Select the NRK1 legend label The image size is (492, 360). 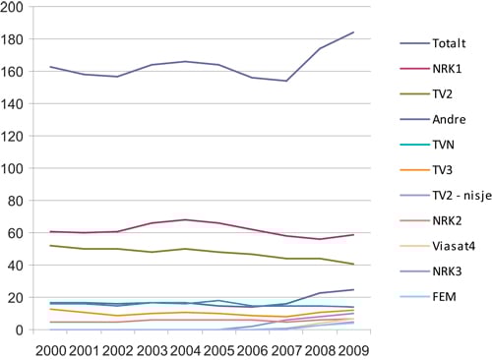coord(444,69)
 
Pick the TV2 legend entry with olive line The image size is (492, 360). coord(440,93)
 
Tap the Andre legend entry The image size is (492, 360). coord(446,119)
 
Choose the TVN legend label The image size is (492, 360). coord(442,145)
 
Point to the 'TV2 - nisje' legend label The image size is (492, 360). coord(457,195)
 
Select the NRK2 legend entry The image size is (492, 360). coord(444,220)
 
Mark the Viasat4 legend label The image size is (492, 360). coord(451,245)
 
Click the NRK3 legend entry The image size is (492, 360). coord(444,270)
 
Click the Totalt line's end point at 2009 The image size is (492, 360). coord(354,32)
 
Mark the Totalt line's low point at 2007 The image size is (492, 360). coord(286,81)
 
